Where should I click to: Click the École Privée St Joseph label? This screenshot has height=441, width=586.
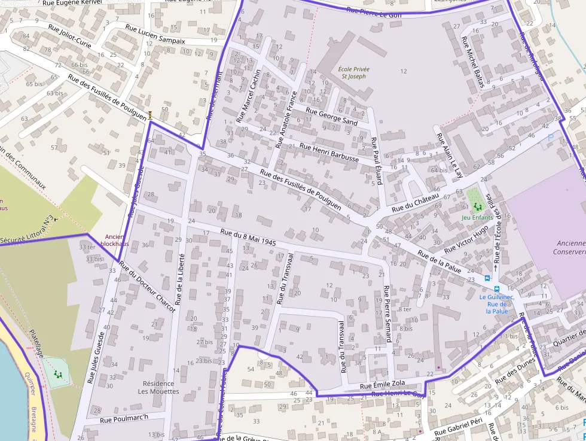point(353,72)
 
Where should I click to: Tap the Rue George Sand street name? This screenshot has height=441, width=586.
point(331,116)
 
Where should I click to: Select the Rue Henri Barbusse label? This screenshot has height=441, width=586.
point(329,153)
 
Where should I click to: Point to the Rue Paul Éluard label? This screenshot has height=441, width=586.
point(377,161)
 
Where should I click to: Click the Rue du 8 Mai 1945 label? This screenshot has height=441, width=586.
point(248,238)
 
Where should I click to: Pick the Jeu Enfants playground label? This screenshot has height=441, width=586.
point(477,217)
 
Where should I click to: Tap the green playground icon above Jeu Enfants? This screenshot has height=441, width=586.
point(477,206)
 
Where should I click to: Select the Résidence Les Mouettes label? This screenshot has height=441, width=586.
point(158,387)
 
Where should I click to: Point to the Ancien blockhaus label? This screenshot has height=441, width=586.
point(114,240)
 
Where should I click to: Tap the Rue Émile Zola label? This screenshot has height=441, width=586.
point(383,385)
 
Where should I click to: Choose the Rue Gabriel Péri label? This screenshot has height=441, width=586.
point(459,425)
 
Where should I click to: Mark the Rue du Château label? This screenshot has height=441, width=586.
point(416,203)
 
